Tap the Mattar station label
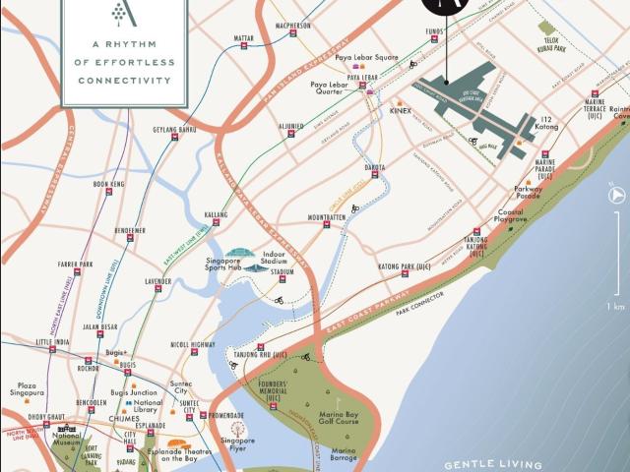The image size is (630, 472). pos(244,38)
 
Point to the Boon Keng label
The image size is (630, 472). pos(108,184)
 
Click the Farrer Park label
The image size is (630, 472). pos(75,265)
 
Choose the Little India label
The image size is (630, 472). pos(54,343)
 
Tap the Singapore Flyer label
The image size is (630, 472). pos(237,444)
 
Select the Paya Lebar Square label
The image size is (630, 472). pos(366,57)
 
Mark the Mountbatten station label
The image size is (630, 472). pos(327,217)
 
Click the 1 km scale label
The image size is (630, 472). pos(615,307)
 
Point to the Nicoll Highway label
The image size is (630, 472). pos(193,345)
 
